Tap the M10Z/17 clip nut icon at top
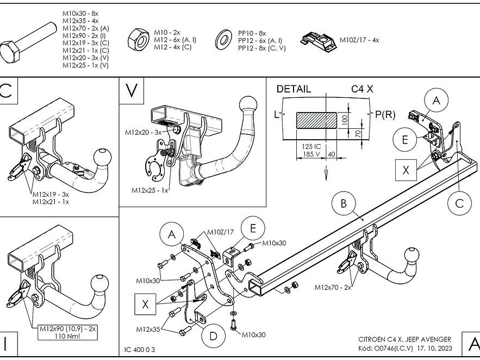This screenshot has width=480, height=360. point(317,40)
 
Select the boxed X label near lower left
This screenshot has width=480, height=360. point(145,305)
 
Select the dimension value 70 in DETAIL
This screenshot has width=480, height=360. point(358,133)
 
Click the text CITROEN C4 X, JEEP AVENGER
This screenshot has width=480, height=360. point(404,339)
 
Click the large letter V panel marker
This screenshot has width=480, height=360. point(132,90)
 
